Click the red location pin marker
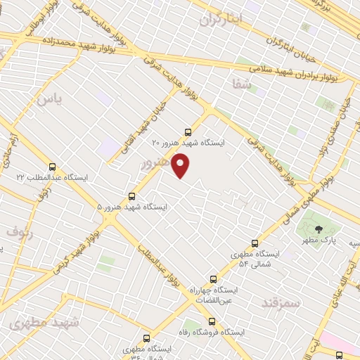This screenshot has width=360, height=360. coord(181,166)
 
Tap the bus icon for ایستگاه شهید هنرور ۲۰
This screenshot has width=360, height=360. coord(187,131)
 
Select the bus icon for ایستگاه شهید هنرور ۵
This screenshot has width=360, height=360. coord(131,196)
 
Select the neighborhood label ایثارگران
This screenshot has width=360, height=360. coord(220,19)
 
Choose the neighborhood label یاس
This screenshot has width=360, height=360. coord(49,101)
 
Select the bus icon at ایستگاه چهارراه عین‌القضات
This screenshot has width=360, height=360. coord(214,279)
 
